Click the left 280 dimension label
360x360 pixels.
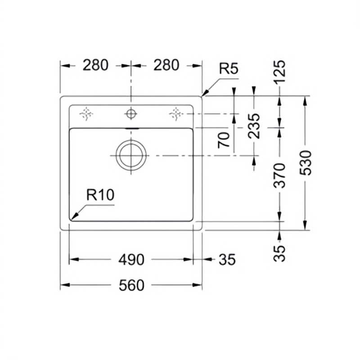click(x=95, y=65)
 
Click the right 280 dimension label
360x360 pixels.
click(x=166, y=65)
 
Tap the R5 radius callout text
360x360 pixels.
click(x=229, y=68)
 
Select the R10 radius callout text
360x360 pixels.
click(x=100, y=195)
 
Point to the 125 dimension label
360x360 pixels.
click(x=279, y=72)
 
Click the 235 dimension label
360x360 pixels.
click(x=254, y=126)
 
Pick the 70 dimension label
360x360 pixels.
click(x=224, y=140)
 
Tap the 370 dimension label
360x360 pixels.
click(x=279, y=175)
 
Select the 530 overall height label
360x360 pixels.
click(x=306, y=163)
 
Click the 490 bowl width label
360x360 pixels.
click(x=131, y=260)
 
